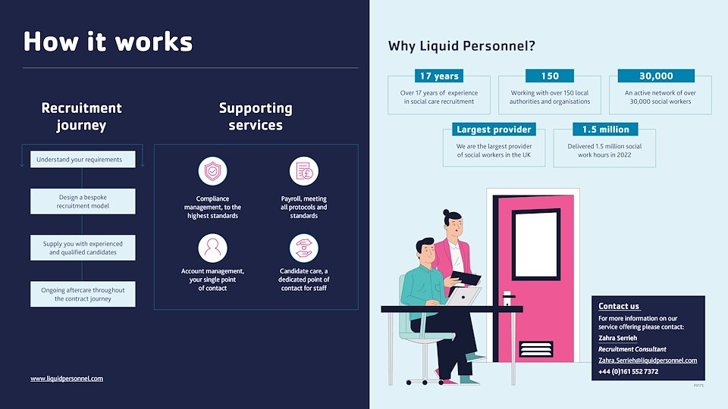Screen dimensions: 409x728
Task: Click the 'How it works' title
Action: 108,41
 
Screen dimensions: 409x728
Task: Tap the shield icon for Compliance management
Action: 212,171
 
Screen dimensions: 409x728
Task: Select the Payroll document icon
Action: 304,171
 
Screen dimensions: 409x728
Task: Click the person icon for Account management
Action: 212,248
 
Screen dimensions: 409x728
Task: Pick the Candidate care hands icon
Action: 304,248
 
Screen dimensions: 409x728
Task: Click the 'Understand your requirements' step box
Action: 83,160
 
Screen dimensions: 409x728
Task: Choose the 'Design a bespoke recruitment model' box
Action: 83,201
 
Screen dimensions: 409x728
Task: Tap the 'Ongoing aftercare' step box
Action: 83,294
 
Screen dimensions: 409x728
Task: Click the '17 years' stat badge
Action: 439,76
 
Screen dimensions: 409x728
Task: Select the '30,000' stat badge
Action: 656,76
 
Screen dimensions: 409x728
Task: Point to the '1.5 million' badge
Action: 605,130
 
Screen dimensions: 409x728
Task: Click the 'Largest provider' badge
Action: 494,130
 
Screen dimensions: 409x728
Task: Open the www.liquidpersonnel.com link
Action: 67,378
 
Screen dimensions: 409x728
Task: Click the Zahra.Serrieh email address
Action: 648,361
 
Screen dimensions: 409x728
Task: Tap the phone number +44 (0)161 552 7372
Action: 628,372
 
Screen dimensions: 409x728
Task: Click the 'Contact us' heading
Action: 619,306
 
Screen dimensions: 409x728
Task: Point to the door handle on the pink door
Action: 508,297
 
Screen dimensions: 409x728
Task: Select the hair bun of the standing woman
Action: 448,213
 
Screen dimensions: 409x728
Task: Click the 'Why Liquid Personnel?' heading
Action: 461,46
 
